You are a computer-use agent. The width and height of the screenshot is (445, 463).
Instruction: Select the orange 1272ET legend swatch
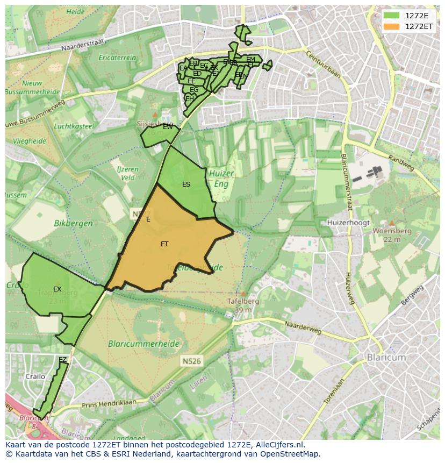[391, 26]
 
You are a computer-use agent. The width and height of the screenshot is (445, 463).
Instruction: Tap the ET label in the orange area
[164, 244]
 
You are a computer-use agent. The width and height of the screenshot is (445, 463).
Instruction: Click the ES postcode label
[186, 184]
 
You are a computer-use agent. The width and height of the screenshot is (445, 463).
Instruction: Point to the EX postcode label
[57, 289]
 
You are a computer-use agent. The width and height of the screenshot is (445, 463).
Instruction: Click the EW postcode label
[168, 127]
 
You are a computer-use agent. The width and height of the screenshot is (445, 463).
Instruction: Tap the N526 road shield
[191, 361]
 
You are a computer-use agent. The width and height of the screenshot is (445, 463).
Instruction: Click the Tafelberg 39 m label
[243, 305]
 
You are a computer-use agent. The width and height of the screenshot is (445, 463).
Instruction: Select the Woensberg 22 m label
[392, 234]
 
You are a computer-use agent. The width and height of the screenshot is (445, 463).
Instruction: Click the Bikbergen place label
[74, 223]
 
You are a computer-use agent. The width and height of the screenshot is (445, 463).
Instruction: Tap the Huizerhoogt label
[347, 222]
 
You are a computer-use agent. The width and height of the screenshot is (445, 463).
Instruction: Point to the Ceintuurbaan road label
[323, 64]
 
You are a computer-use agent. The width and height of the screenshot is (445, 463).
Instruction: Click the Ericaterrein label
[117, 58]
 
